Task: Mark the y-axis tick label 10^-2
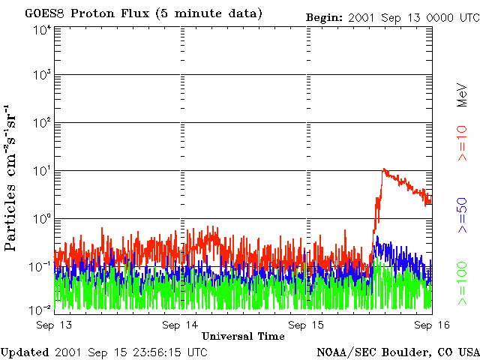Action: [x=41, y=310]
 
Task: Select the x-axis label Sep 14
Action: [x=181, y=325]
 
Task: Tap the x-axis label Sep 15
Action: [x=307, y=325]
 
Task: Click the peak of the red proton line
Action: [x=384, y=169]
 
